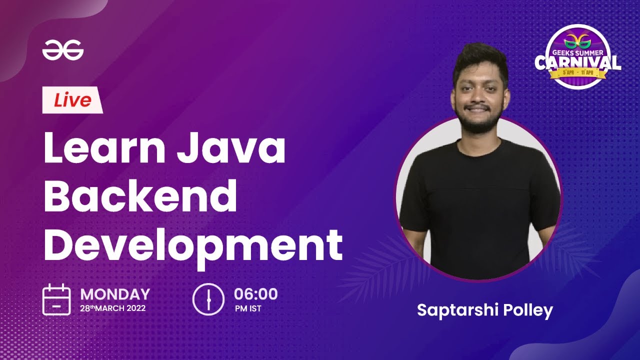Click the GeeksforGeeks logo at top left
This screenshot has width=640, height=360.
coord(62,50)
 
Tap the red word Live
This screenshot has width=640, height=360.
coord(73,100)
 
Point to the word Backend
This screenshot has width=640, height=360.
coord(140,196)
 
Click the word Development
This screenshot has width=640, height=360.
coord(193,245)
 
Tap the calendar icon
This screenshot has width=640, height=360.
coord(56,299)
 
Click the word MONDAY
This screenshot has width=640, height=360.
coord(115,294)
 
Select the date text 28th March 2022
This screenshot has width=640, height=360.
coord(113,308)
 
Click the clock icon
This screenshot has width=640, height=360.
coord(208,299)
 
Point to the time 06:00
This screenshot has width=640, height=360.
coord(256,293)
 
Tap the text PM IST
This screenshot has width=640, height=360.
coord(248,308)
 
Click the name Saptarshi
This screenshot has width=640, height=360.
coord(453,310)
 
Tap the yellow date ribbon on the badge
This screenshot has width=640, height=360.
coord(578,74)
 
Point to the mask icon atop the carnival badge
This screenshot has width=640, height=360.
coord(578,38)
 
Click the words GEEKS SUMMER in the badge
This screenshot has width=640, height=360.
coord(578,51)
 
